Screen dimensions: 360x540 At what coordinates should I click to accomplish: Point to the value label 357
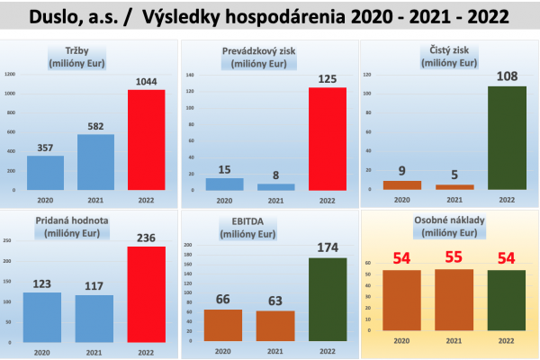[x=45, y=148]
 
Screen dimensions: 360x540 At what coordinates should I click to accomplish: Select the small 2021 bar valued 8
[x=275, y=187]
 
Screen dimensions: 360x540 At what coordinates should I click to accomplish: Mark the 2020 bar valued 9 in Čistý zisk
[x=403, y=185]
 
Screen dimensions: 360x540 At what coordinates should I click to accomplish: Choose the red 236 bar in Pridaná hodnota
[x=146, y=294]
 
